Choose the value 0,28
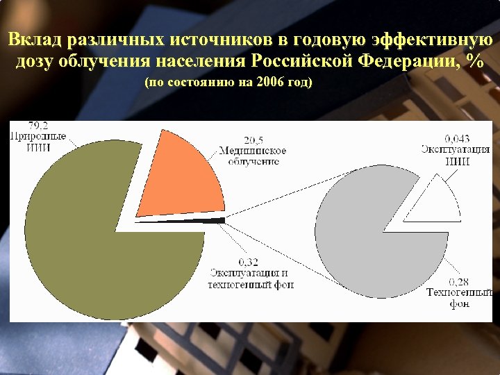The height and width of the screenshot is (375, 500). pyautogui.click(x=458, y=281)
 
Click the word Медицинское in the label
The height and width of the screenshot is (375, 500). pyautogui.click(x=252, y=151)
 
